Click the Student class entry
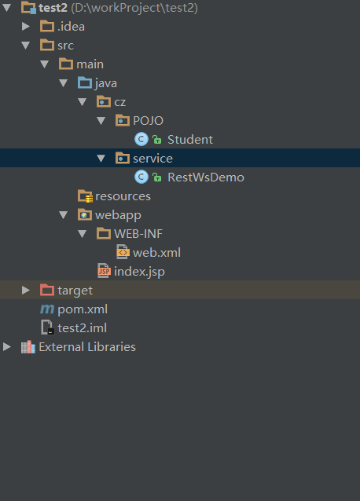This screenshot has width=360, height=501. pyautogui.click(x=190, y=140)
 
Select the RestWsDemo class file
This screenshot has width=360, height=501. pyautogui.click(x=206, y=177)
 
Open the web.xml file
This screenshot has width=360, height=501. pyautogui.click(x=156, y=253)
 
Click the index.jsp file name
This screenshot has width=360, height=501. pyautogui.click(x=139, y=272)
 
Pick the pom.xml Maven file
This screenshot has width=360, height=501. pyautogui.click(x=83, y=309)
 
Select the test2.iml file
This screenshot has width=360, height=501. pyautogui.click(x=82, y=328)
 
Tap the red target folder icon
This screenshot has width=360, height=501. pyautogui.click(x=47, y=290)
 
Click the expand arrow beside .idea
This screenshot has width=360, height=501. pyautogui.click(x=26, y=26)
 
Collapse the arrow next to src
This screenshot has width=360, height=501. pyautogui.click(x=26, y=46)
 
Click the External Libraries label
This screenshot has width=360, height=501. pyautogui.click(x=87, y=347)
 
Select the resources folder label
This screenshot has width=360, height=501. pyautogui.click(x=123, y=196)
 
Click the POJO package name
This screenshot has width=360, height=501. pyautogui.click(x=148, y=121)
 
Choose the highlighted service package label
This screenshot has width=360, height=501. pyautogui.click(x=152, y=159)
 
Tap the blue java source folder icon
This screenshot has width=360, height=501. pyautogui.click(x=85, y=83)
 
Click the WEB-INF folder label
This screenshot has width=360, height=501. pyautogui.click(x=138, y=234)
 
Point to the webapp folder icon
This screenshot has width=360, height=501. pyautogui.click(x=85, y=214)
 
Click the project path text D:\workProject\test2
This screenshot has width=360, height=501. pyautogui.click(x=134, y=8)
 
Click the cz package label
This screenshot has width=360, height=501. pyautogui.click(x=120, y=102)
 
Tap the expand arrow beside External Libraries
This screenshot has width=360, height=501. pyautogui.click(x=7, y=346)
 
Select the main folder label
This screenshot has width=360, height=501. pyautogui.click(x=90, y=64)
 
